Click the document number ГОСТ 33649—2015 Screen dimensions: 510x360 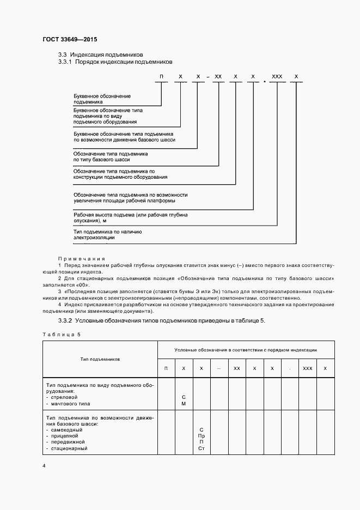tap(69, 40)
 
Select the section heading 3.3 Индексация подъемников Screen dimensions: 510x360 tap(101, 55)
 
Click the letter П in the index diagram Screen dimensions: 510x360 tap(161, 78)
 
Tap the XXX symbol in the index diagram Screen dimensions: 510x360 tap(277, 78)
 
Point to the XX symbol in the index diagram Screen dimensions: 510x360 tap(218, 78)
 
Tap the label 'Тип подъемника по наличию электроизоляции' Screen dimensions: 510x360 tap(108, 234)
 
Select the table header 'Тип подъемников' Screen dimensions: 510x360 tap(100, 359)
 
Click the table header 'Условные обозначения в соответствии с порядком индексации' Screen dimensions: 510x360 tap(246, 350)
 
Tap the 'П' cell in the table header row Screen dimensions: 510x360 tap(166, 369)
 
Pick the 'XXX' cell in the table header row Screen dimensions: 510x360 tap(307, 369)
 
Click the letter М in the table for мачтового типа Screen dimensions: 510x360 tap(184, 404)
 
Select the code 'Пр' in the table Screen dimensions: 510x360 tap(202, 436)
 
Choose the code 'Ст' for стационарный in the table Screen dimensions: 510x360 tap(202, 448)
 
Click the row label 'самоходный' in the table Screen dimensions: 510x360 tap(67, 430)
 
